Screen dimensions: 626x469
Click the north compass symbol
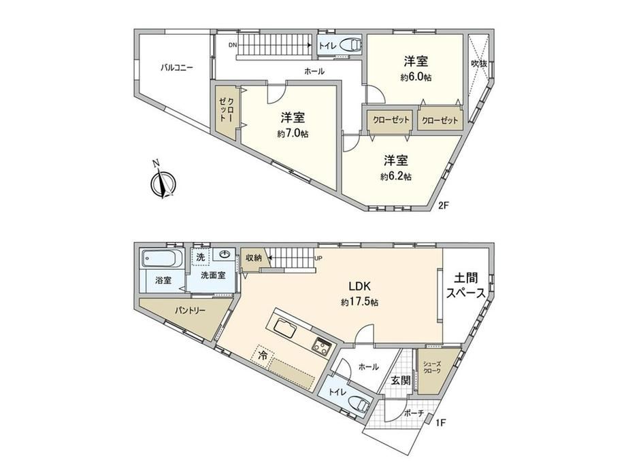click(x=163, y=183)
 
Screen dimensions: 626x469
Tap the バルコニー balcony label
click(x=176, y=67)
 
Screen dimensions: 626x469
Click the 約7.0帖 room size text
click(x=293, y=134)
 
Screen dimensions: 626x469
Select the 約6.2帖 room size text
click(x=396, y=176)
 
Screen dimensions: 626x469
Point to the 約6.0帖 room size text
click(x=416, y=77)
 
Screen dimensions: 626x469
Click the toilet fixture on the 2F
click(x=350, y=45)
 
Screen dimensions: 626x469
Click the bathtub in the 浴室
click(x=163, y=258)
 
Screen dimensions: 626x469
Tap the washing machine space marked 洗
click(x=201, y=257)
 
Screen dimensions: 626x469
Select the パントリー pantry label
click(x=190, y=310)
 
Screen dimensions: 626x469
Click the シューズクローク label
click(x=432, y=367)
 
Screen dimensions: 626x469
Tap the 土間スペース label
click(x=466, y=285)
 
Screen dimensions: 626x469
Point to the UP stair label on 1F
click(x=318, y=258)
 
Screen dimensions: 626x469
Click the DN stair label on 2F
click(x=232, y=45)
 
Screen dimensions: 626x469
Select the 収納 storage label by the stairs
click(x=253, y=258)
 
